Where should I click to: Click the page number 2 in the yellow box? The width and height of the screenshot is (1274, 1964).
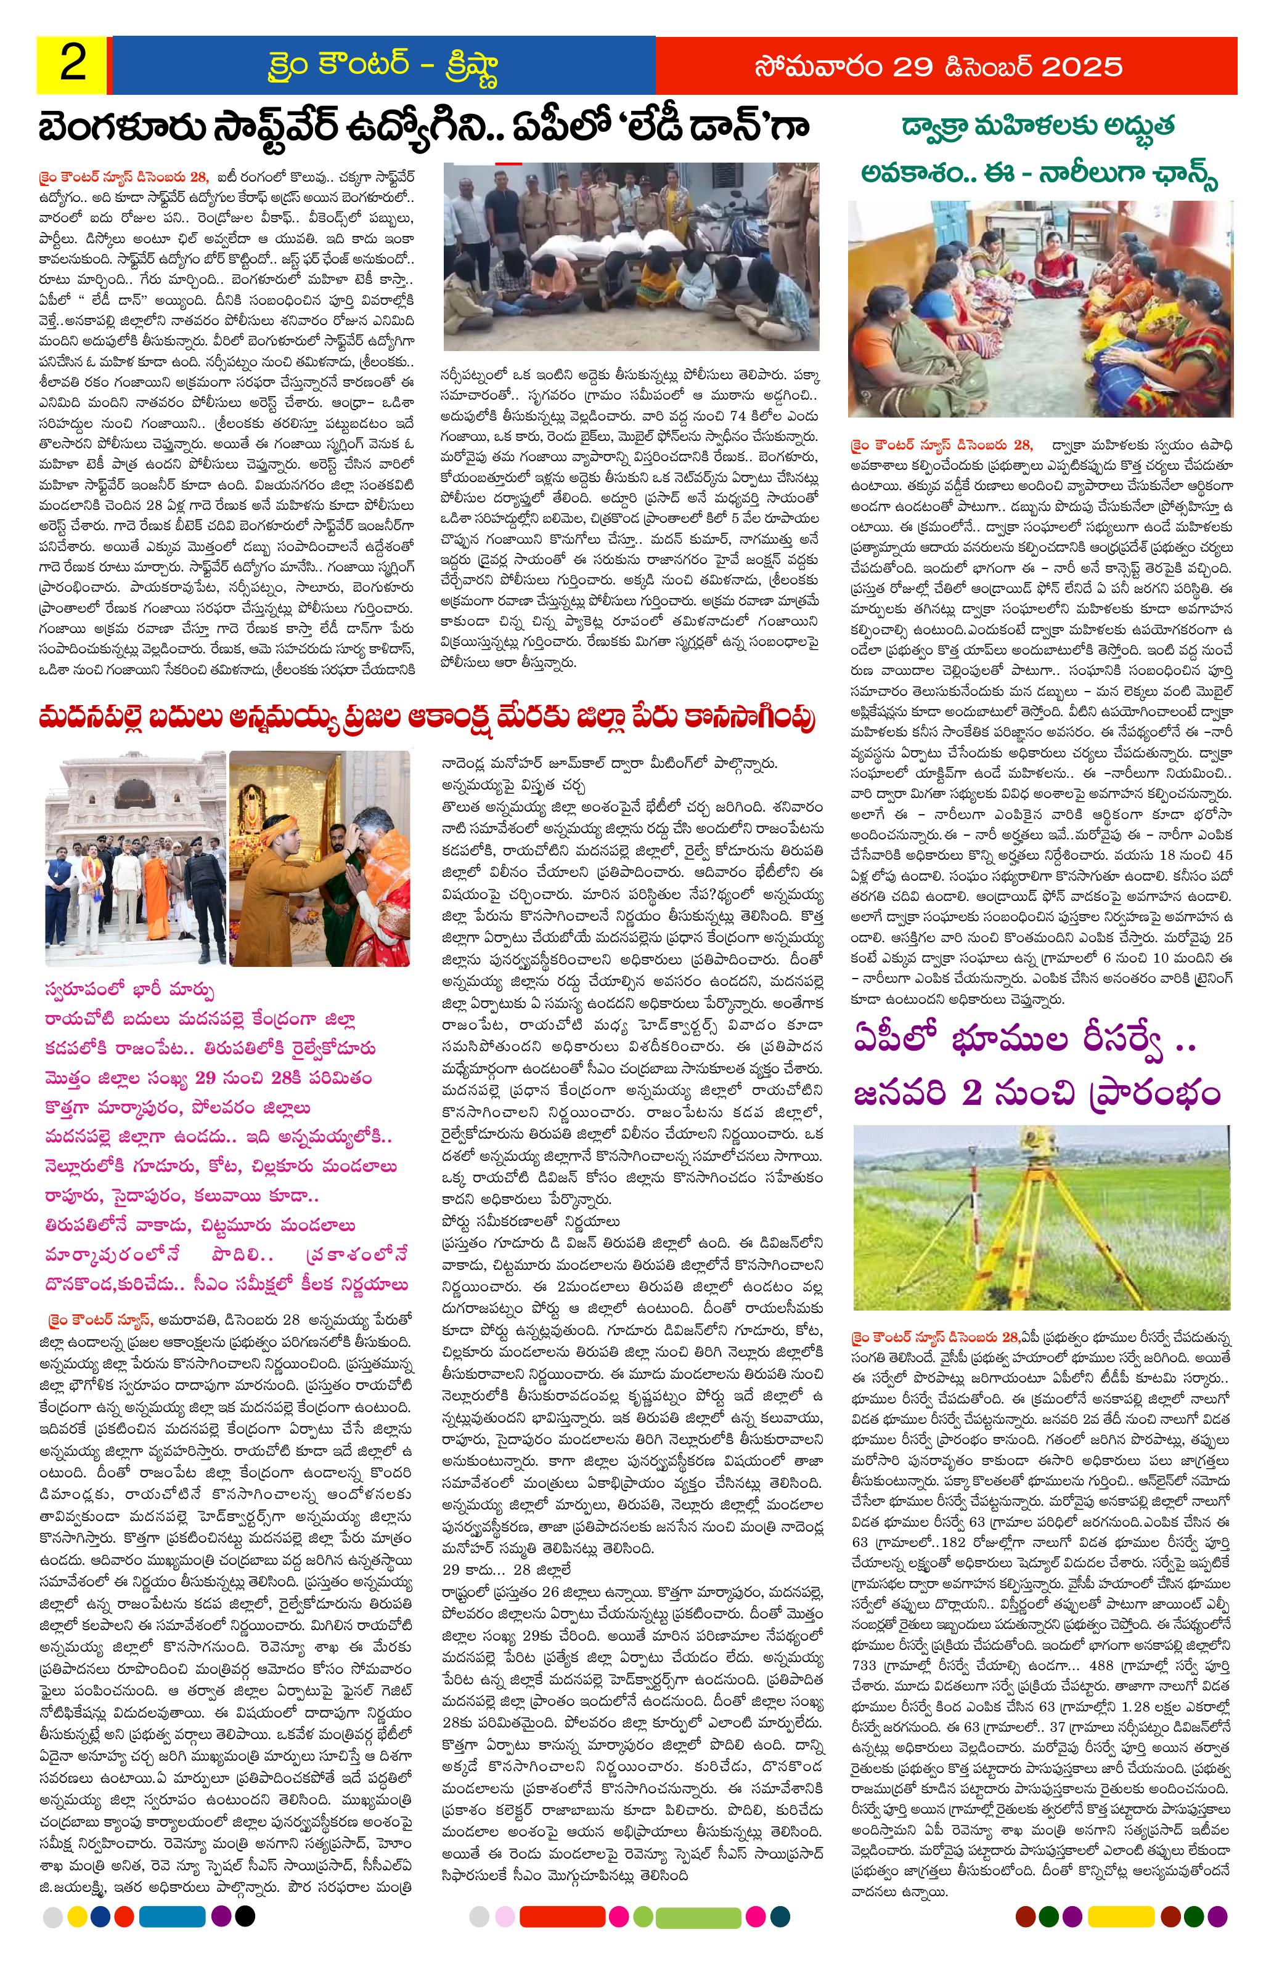point(72,65)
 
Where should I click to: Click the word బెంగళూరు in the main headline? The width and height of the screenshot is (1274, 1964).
point(125,129)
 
